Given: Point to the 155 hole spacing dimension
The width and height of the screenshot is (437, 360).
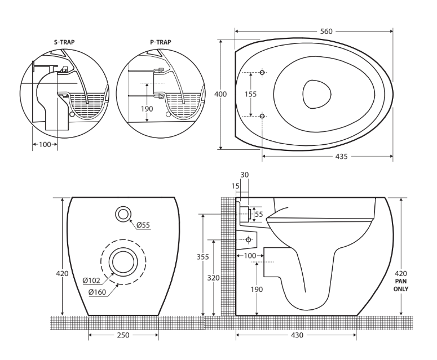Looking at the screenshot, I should [251, 94].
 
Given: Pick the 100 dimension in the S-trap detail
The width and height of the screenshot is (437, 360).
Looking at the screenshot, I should [44, 144].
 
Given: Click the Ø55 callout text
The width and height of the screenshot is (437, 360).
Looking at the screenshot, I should [143, 225].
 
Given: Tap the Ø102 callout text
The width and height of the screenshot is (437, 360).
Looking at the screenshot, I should [91, 280].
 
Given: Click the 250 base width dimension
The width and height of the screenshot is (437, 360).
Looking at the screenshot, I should [123, 335].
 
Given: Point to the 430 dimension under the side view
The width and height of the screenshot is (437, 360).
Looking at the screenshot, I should [297, 335].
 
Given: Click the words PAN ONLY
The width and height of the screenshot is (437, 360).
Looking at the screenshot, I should [401, 285].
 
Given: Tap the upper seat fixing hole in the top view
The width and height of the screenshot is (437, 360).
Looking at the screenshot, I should [262, 73].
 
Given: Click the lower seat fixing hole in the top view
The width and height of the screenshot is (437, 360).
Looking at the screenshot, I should [262, 116].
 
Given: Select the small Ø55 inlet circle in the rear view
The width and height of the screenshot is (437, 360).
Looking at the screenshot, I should [123, 214].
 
